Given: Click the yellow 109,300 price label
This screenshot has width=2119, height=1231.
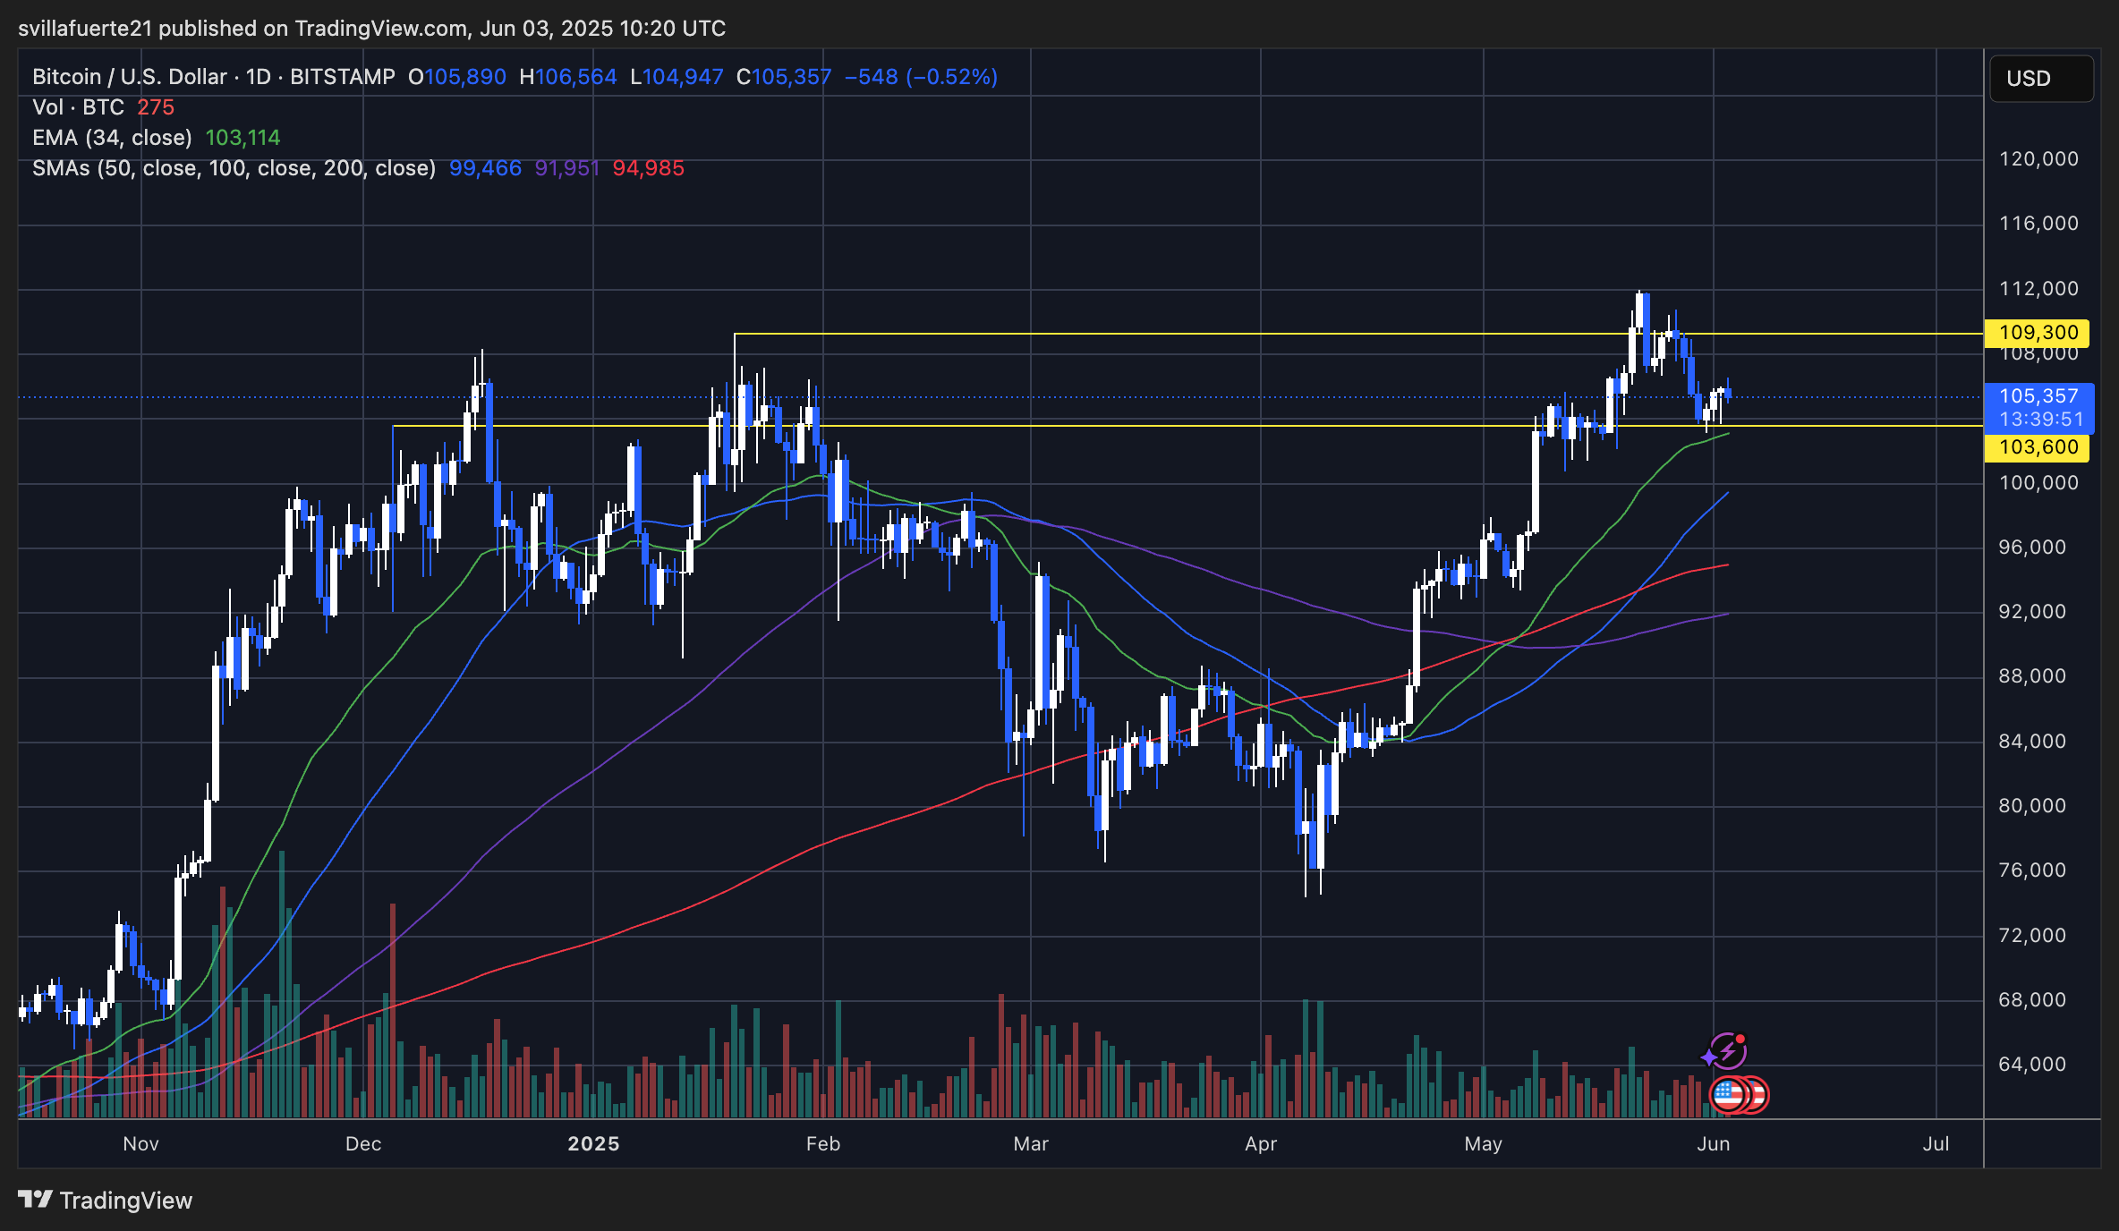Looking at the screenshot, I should point(2037,333).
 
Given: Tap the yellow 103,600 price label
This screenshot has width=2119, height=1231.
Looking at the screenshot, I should point(2037,447).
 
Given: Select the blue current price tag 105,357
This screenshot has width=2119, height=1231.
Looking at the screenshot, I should point(2038,396).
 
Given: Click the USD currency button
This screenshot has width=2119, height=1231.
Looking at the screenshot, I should point(2041,79).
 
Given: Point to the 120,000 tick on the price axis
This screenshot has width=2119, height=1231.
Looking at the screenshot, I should point(2038,159).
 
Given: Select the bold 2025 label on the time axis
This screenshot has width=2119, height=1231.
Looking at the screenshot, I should point(593,1144).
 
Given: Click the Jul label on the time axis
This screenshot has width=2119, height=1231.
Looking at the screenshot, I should point(1936,1144).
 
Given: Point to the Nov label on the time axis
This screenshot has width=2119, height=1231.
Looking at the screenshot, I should point(140,1144).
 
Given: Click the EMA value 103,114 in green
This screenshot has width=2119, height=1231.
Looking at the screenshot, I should point(243,138).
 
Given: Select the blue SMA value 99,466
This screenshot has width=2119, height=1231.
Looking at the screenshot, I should point(485,168).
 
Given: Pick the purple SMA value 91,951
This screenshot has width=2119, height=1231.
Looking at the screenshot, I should point(566,168).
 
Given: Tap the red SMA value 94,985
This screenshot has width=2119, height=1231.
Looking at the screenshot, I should point(648,168).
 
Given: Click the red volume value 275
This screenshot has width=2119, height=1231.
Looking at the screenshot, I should point(156,107).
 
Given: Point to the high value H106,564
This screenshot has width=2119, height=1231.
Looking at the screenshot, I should point(568,77).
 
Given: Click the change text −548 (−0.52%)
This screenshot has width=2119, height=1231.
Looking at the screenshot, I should point(921,77).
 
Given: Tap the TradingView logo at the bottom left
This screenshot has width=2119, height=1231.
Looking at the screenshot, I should point(106,1201).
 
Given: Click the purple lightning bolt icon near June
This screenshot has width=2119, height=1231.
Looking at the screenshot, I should point(1726,1051).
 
